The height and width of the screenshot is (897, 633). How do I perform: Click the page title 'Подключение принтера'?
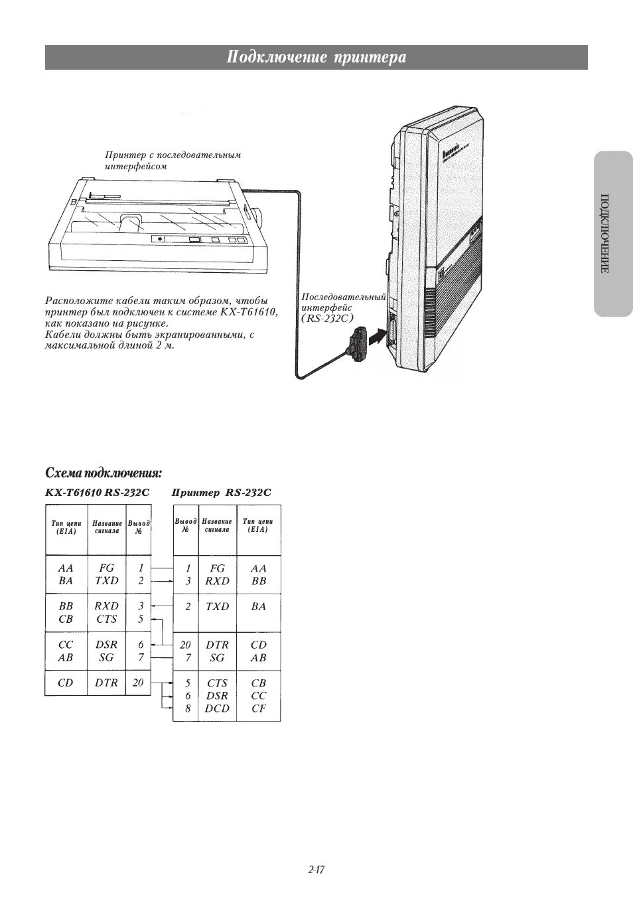(x=316, y=58)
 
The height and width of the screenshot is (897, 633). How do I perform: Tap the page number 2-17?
(x=316, y=869)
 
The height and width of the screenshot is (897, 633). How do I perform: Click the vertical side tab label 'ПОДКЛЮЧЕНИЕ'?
(x=604, y=234)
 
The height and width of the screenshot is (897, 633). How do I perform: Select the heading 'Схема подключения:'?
(x=104, y=473)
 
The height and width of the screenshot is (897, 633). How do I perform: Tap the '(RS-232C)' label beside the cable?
(x=328, y=318)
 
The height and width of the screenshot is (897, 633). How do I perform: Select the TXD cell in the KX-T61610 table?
(x=106, y=580)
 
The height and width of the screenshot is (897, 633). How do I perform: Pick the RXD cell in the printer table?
(x=217, y=580)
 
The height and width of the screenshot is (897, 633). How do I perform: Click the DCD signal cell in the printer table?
(x=217, y=708)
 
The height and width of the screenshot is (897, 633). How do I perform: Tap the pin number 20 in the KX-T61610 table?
(x=138, y=683)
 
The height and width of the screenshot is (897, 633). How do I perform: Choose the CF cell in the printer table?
(x=259, y=708)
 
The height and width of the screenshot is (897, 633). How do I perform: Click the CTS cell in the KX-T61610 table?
(x=106, y=619)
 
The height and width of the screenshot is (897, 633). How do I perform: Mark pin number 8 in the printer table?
(x=188, y=708)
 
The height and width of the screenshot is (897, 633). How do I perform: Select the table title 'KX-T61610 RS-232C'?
(x=98, y=493)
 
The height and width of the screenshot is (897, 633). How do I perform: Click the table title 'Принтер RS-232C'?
(x=222, y=493)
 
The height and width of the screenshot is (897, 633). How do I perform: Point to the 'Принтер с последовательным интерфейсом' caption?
(x=173, y=161)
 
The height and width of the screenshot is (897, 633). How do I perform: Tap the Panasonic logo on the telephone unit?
(x=454, y=151)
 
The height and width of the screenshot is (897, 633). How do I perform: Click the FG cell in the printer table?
(x=217, y=568)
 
